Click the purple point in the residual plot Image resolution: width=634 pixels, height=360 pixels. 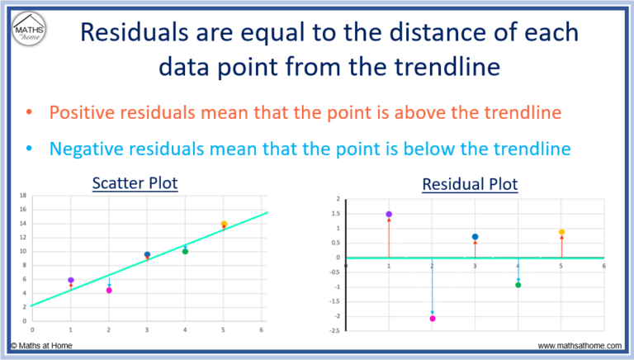coord(389,214)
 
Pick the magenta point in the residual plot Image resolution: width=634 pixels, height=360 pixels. coord(432,318)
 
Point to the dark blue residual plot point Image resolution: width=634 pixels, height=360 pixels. coord(475,237)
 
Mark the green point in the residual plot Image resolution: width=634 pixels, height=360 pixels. coord(518,285)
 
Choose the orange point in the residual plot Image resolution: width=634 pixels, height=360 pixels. coord(561,232)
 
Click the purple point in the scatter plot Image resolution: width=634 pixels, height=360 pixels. coord(71,281)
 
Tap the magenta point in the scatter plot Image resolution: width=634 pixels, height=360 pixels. coord(109,291)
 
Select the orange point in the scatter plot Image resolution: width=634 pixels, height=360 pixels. coord(224,224)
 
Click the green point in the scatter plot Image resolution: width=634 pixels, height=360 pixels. coord(185,251)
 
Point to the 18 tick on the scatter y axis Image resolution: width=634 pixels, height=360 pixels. coord(24,196)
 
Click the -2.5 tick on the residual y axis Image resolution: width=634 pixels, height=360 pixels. coord(334,331)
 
